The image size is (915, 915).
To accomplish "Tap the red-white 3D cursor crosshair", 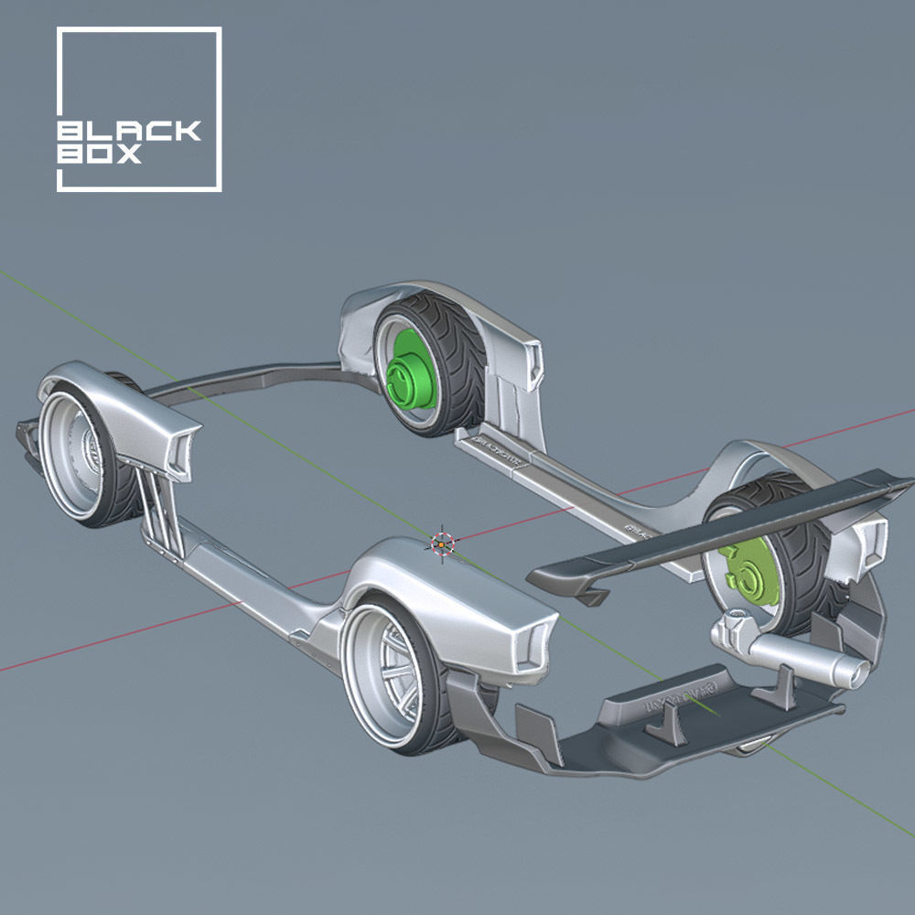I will (x=441, y=544).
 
